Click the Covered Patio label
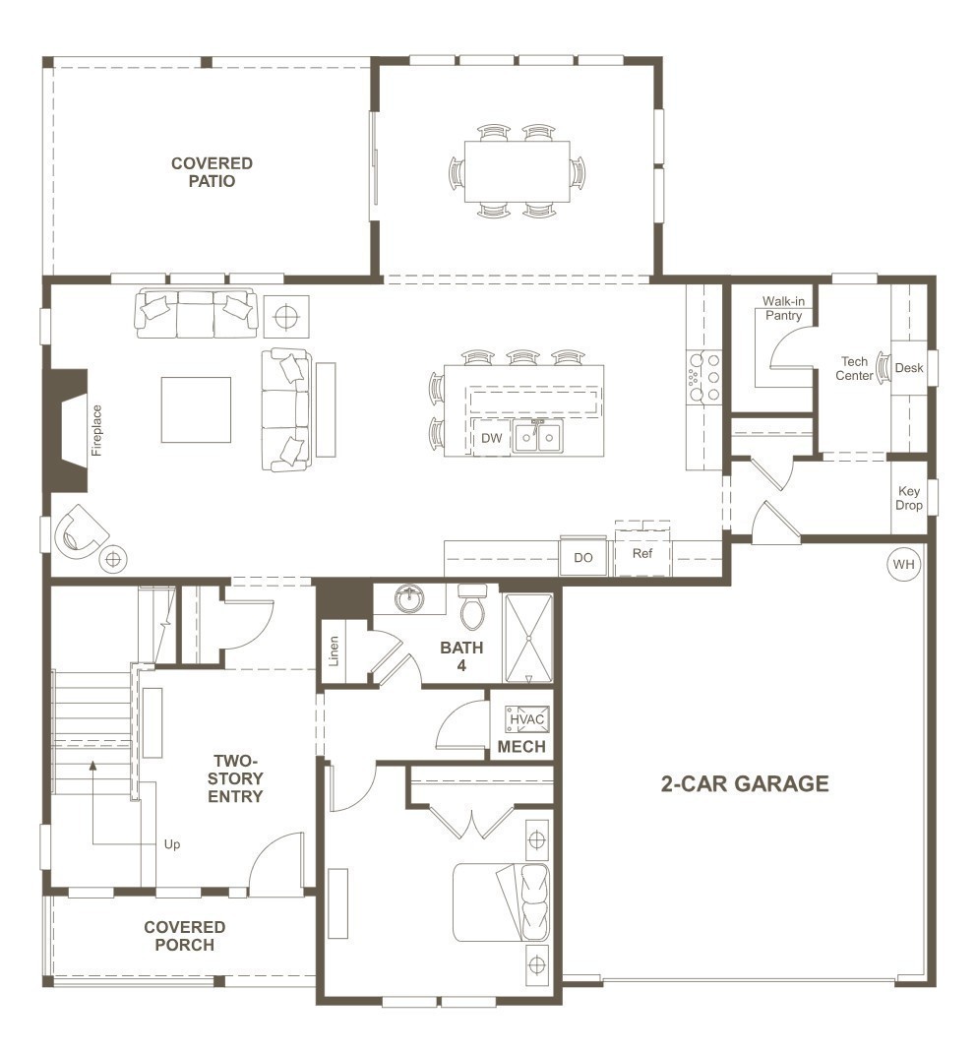click(212, 172)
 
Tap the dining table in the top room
click(518, 171)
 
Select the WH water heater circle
click(902, 564)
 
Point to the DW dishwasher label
click(491, 439)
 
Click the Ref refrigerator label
click(641, 554)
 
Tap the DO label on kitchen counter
click(583, 557)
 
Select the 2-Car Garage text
click(744, 784)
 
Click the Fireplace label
click(96, 430)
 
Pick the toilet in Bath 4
click(473, 608)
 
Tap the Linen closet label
click(335, 652)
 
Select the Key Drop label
click(909, 498)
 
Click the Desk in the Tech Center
click(908, 368)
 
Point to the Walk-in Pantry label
click(782, 309)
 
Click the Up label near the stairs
click(172, 844)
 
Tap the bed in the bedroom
click(502, 902)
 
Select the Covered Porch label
click(184, 936)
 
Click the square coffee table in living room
click(196, 410)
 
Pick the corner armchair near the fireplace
click(83, 531)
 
